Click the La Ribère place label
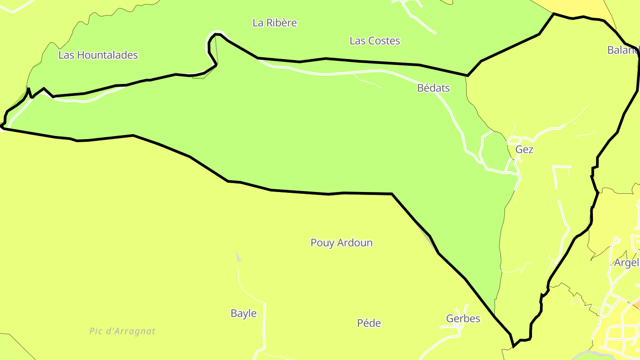click(x=274, y=23)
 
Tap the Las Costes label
click(x=375, y=41)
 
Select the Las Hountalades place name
click(x=98, y=55)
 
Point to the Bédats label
click(x=433, y=88)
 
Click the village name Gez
click(x=524, y=150)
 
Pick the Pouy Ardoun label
click(x=341, y=243)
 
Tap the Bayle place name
click(x=244, y=313)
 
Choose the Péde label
click(x=369, y=323)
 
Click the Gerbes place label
click(x=463, y=319)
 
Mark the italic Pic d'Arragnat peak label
click(x=122, y=331)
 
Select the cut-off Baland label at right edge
click(x=623, y=50)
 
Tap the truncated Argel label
click(x=626, y=263)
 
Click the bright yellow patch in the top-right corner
click(x=582, y=7)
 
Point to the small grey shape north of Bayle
click(x=238, y=257)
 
